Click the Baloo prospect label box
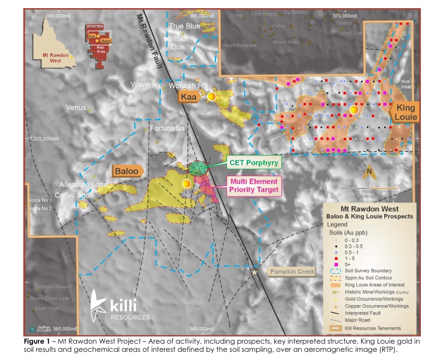pos(127,171)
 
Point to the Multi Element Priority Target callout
pos(254,186)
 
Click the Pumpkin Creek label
pos(291,272)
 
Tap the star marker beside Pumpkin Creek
pos(254,272)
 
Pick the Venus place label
pos(76,108)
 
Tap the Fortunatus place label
pos(167,128)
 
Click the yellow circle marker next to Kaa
pos(211,97)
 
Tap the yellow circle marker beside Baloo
pos(187,184)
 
